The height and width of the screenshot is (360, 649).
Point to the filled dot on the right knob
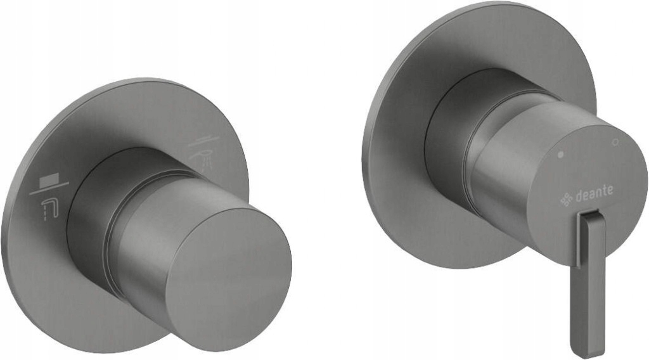[x=560, y=154]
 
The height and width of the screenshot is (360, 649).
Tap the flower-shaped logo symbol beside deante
[x=567, y=200]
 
